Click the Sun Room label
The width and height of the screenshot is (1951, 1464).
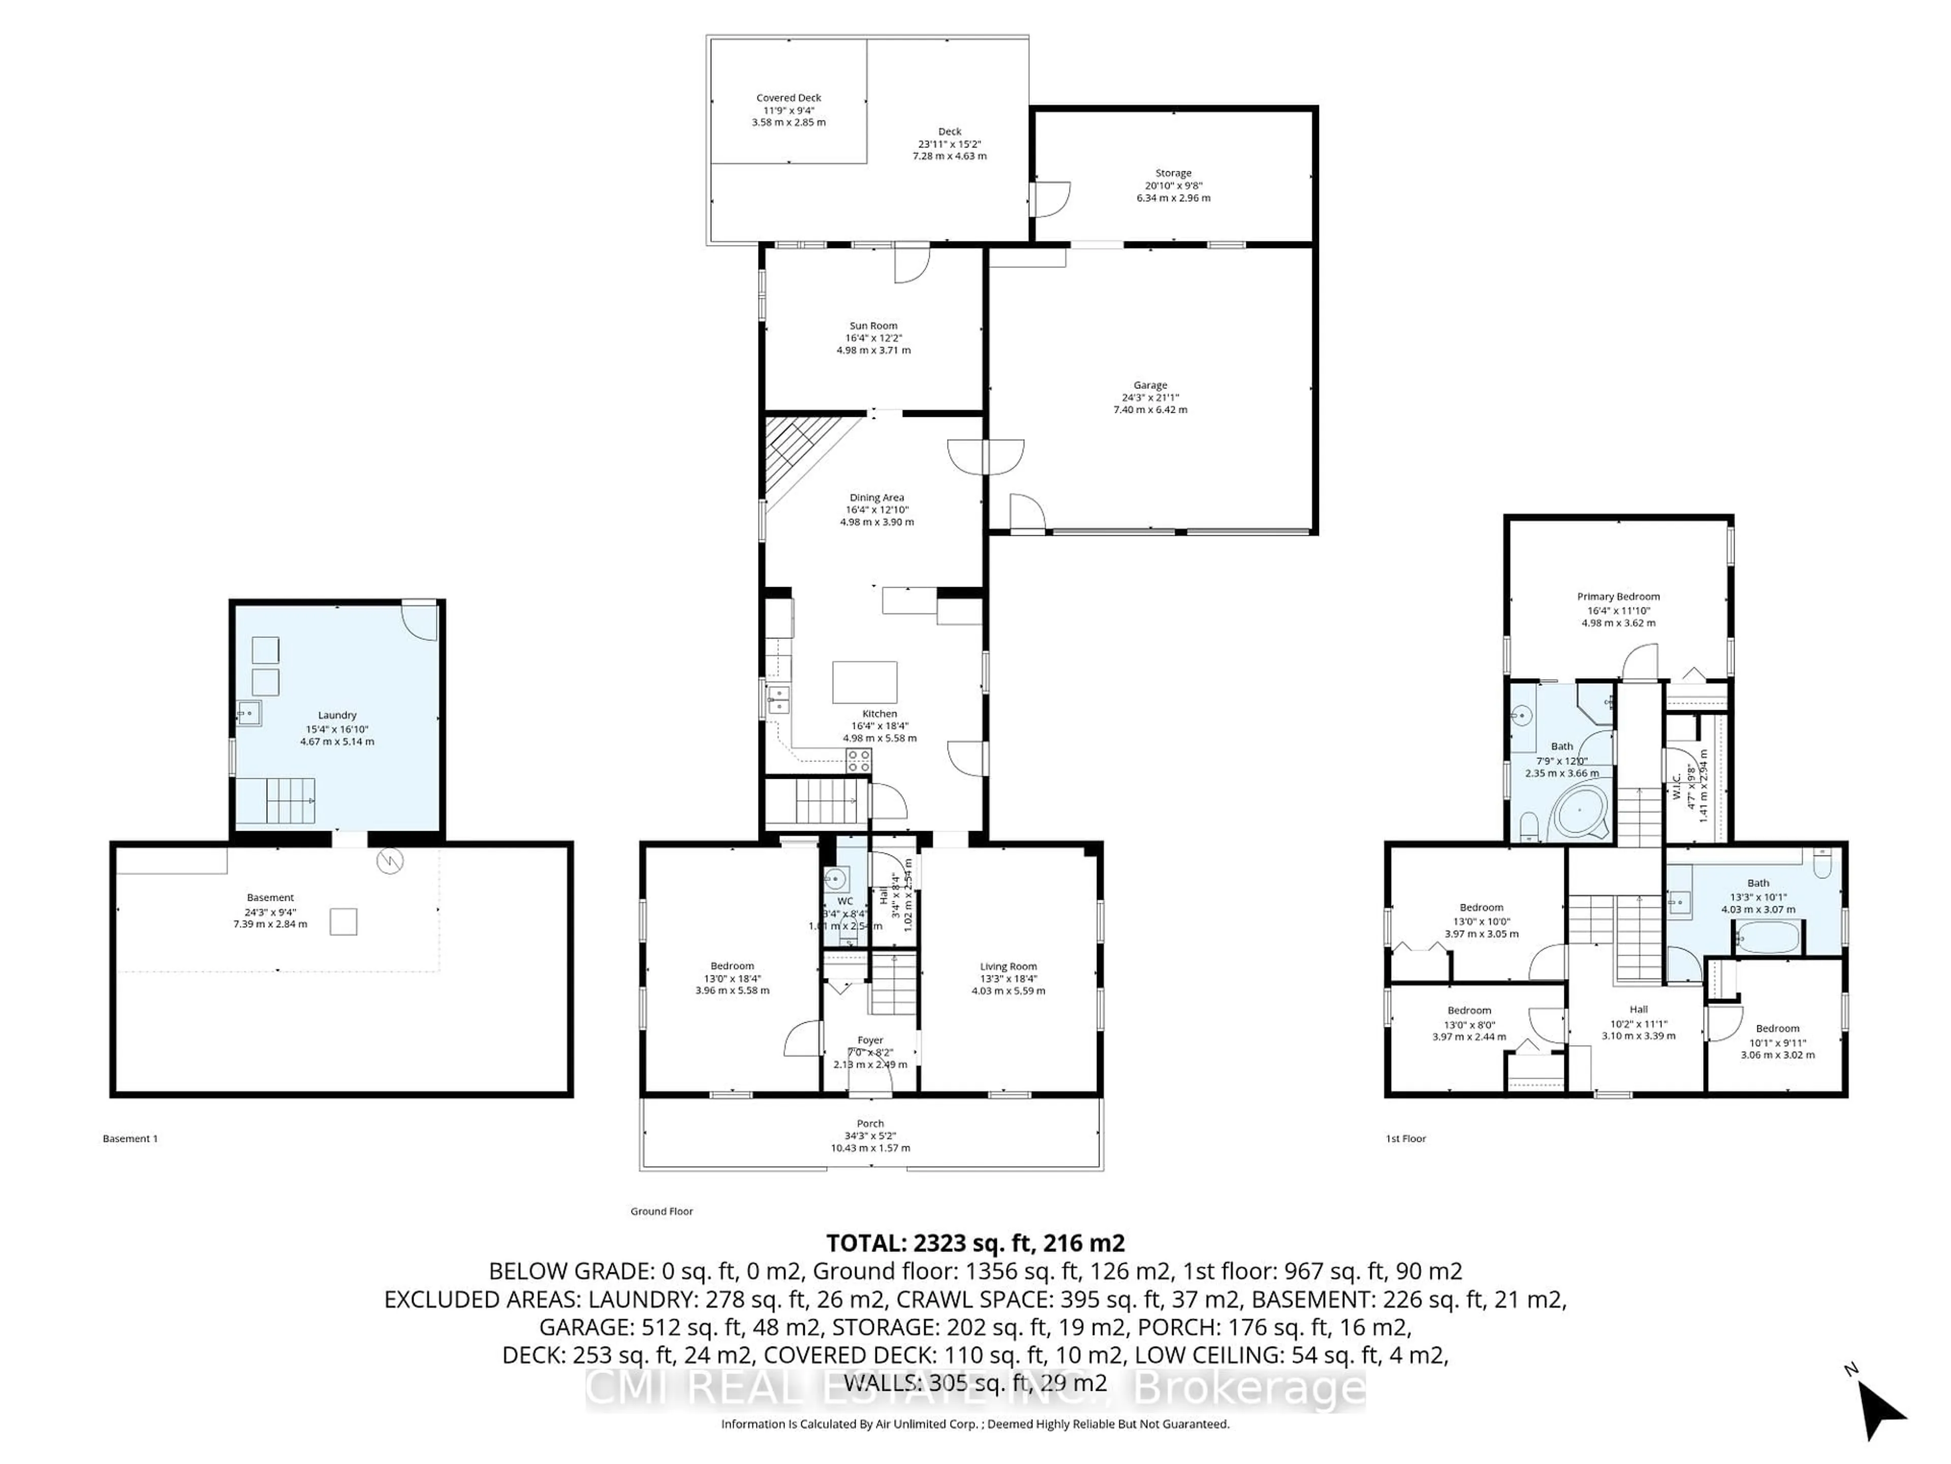pyautogui.click(x=873, y=326)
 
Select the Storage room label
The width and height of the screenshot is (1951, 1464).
pyautogui.click(x=1173, y=173)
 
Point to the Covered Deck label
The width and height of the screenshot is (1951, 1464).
pyautogui.click(x=789, y=98)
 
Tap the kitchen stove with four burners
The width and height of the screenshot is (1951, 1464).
pyautogui.click(x=858, y=760)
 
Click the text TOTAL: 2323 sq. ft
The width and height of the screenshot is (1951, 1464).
pyautogui.click(x=974, y=1243)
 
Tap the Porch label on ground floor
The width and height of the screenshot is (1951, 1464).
pyautogui.click(x=870, y=1123)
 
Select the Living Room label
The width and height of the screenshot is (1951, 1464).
pyautogui.click(x=1008, y=966)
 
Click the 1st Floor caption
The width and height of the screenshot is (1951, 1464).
pyautogui.click(x=1405, y=1138)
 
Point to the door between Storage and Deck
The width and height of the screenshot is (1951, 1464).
pyautogui.click(x=1050, y=199)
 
